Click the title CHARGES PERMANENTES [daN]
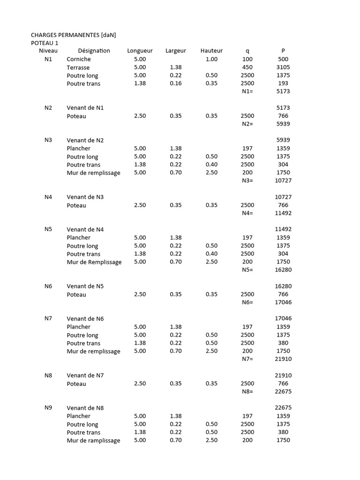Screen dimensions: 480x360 click(73, 35)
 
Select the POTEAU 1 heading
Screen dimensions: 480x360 click(45, 43)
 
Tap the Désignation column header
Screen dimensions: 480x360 click(94, 51)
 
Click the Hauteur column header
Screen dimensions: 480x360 click(211, 51)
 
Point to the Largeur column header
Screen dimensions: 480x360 click(176, 51)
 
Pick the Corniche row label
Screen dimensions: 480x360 click(79, 59)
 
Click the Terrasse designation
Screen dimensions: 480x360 click(78, 67)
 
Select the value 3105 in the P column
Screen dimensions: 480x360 click(283, 67)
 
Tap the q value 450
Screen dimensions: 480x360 click(247, 67)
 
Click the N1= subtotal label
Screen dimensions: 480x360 click(247, 91)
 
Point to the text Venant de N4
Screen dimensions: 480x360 click(85, 229)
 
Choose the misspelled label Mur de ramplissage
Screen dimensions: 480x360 click(93, 440)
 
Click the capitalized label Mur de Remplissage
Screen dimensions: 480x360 click(94, 262)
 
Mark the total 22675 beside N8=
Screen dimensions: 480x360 click(283, 391)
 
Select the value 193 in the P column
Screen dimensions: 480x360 click(283, 83)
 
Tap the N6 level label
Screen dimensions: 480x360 click(48, 286)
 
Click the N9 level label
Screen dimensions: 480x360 click(48, 407)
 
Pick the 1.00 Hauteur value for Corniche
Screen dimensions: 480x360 click(211, 59)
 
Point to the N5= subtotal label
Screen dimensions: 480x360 click(247, 270)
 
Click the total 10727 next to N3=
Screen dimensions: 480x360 click(283, 180)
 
